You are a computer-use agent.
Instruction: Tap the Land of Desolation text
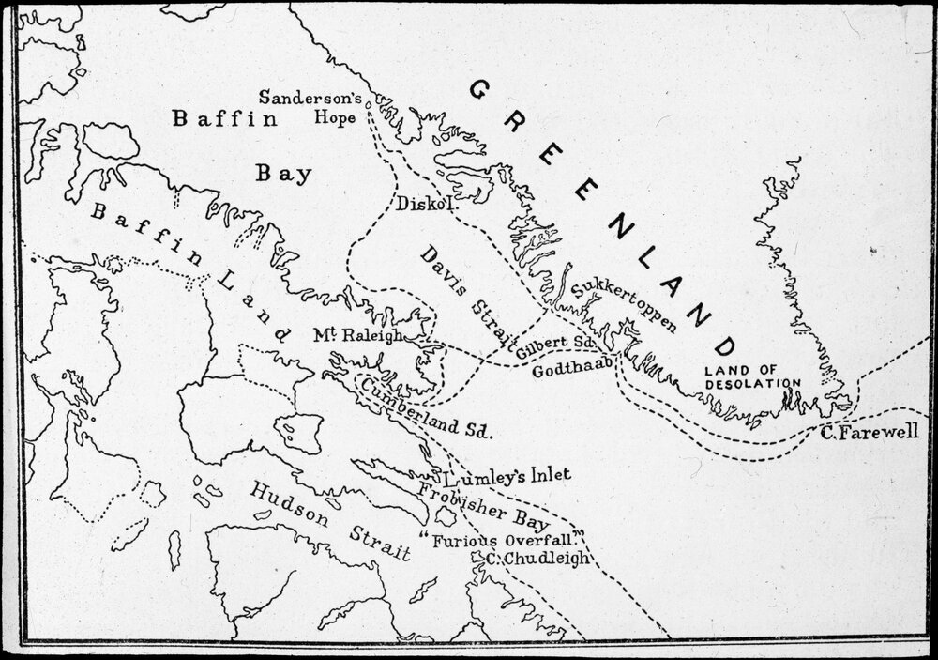point(753,376)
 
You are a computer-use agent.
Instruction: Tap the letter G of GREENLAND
point(479,92)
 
